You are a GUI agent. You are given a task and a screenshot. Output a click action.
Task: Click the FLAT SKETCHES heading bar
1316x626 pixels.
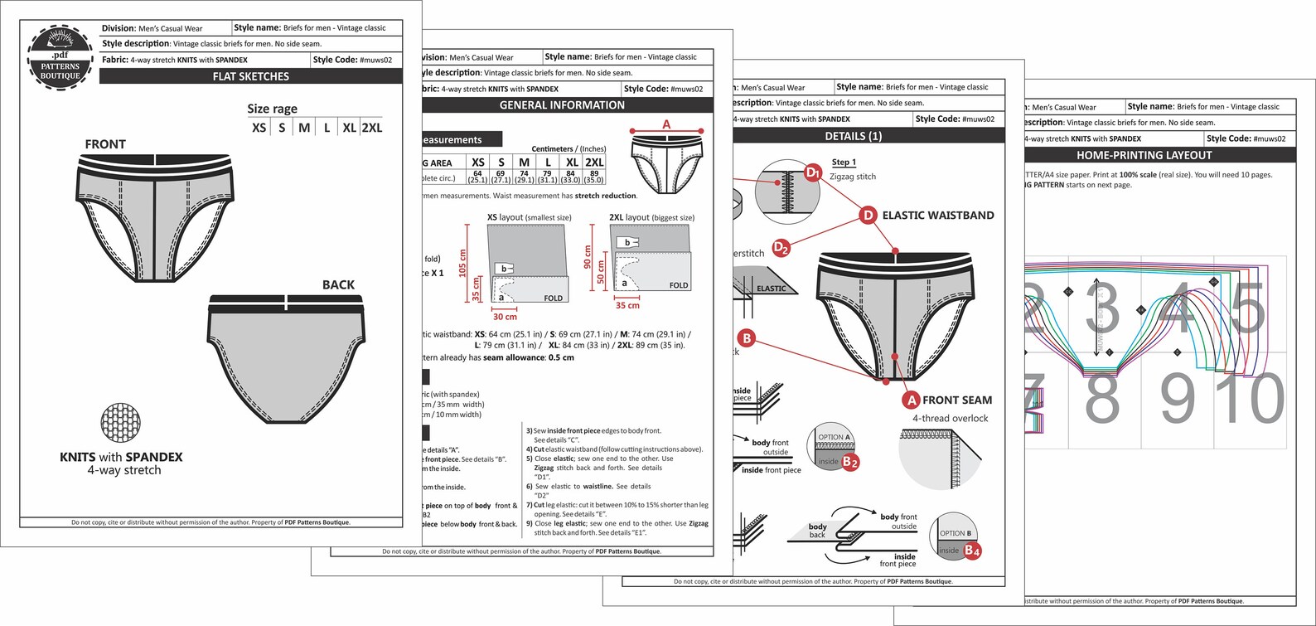point(250,76)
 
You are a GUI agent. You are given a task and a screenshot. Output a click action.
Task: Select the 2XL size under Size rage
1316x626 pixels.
point(371,128)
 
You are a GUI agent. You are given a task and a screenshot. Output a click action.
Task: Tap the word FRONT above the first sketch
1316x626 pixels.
point(105,144)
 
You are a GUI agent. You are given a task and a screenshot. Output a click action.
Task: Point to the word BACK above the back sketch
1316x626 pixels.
point(338,284)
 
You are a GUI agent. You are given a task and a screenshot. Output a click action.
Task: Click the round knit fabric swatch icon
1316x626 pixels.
point(120,425)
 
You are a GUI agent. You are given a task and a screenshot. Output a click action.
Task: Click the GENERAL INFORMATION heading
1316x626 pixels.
point(562,105)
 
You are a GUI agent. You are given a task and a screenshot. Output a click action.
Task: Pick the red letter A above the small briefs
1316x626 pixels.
point(666,124)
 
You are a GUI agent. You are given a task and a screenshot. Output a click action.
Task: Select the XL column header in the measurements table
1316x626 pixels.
point(572,163)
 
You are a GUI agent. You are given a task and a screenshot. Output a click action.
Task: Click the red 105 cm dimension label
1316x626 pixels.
point(463,264)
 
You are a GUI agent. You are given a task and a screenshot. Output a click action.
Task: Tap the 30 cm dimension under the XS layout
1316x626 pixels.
point(505,317)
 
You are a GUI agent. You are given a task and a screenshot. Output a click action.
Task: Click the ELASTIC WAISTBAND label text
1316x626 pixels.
point(937,216)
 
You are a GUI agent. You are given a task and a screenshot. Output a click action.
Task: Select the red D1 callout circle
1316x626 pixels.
point(814,172)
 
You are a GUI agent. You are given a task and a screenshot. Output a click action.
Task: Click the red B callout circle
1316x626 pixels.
point(747,337)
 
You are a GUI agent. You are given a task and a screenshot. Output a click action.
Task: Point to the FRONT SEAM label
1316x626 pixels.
point(957,400)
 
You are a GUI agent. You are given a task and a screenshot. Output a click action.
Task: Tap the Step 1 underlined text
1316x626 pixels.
point(844,163)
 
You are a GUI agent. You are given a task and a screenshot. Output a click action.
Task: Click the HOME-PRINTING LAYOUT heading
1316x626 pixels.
point(1144,155)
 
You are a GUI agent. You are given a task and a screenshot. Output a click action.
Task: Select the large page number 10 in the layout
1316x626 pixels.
point(1253,400)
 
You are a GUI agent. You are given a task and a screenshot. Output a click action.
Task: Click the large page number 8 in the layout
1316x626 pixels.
point(1102,400)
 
